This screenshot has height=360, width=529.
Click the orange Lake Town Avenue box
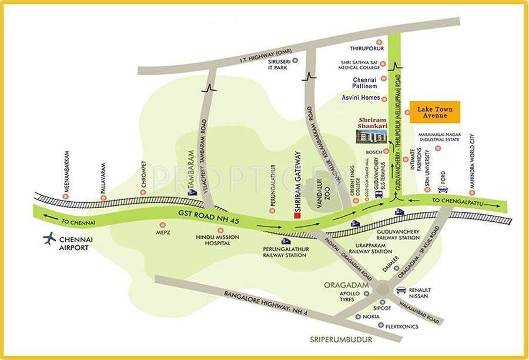coord(435,112)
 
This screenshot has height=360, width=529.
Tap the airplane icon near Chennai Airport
coord(50,238)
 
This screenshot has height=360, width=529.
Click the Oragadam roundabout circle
coord(383,289)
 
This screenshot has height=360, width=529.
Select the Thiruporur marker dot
coord(379,42)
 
